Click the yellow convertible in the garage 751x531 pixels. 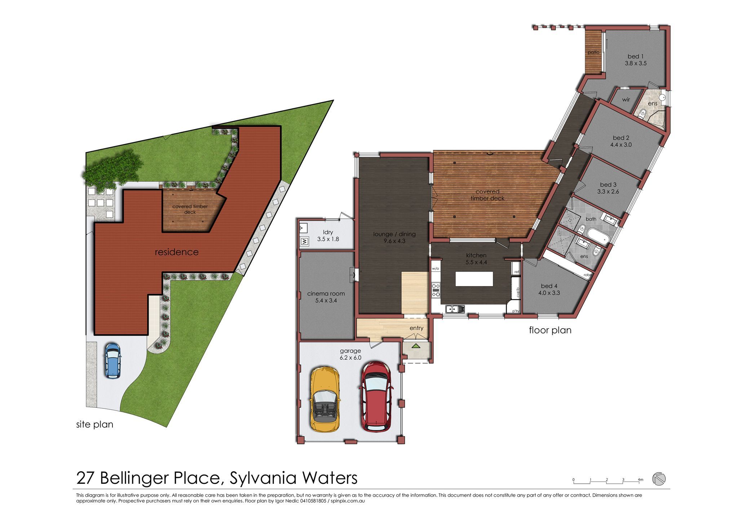point(324,399)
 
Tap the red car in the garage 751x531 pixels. point(376,396)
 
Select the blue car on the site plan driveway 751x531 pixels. point(112,360)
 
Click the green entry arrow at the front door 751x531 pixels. point(416,346)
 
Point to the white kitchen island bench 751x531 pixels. point(474,279)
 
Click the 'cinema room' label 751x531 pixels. point(326,294)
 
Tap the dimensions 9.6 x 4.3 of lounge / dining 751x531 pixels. point(394,241)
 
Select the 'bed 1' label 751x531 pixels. point(635,56)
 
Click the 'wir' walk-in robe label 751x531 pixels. point(626,100)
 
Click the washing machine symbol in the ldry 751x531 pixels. point(304,241)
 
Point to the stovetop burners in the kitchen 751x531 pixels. point(436,290)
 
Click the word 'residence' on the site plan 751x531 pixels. point(177,252)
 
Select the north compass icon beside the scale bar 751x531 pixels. point(659,479)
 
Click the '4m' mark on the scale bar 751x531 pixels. point(640,480)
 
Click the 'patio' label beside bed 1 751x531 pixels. point(593,52)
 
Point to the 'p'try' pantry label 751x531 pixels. point(516,311)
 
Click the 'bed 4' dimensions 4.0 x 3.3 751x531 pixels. point(549,293)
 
